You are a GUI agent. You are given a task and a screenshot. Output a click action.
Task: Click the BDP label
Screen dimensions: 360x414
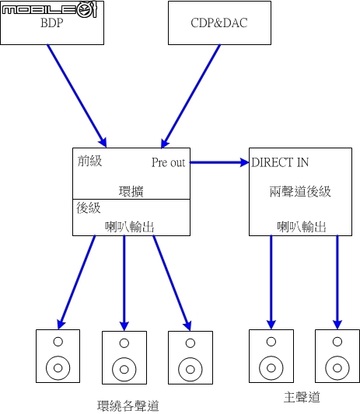click(x=52, y=23)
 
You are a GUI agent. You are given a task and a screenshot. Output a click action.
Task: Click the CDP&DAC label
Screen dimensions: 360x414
click(x=219, y=23)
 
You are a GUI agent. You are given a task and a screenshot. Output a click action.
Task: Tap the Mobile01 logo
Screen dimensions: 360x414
click(x=50, y=9)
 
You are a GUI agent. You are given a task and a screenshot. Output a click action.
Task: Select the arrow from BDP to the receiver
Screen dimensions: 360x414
click(x=77, y=96)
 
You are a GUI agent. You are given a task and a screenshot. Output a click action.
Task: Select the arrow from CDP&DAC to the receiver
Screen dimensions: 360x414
click(x=190, y=96)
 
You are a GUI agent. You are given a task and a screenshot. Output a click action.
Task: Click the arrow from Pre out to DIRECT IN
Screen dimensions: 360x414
click(x=219, y=162)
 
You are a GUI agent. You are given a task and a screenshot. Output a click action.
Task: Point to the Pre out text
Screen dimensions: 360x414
click(x=169, y=162)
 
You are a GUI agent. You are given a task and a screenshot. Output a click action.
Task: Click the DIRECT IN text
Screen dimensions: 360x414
click(x=280, y=162)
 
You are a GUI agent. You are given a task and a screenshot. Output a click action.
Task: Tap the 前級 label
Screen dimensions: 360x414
click(x=89, y=161)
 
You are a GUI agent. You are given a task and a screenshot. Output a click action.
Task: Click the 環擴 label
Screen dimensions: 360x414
click(x=131, y=192)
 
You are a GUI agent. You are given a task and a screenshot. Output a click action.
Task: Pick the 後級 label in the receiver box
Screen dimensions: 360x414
click(x=89, y=208)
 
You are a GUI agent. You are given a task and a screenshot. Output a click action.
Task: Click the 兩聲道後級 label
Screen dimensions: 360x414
click(x=300, y=191)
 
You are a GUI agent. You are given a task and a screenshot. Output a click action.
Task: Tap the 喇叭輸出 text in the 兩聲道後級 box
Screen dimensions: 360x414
click(x=302, y=227)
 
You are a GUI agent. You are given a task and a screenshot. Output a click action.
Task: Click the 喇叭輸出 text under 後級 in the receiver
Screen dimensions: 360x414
click(x=130, y=227)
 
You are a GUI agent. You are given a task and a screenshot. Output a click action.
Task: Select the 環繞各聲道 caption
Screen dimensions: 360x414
click(x=128, y=405)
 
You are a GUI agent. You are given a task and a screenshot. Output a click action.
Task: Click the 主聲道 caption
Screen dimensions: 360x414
click(x=302, y=398)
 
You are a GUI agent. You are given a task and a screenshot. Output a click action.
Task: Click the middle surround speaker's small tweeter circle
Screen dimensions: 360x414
click(x=124, y=343)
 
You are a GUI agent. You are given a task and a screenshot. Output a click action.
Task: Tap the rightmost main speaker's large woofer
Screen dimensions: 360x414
click(x=337, y=368)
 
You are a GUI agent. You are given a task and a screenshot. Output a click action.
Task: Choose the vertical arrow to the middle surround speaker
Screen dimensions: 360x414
click(x=124, y=283)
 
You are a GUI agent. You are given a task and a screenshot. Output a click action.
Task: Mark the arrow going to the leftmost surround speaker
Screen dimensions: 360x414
click(x=77, y=282)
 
